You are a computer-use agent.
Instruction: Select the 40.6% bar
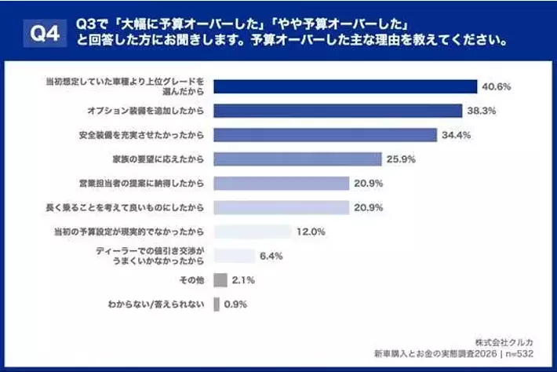(345, 86)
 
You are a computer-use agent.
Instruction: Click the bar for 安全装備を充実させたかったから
(325, 135)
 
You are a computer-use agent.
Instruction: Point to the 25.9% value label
(400, 159)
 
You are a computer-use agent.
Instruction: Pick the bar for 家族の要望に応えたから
(297, 159)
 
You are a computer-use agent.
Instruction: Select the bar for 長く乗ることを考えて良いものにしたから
(281, 208)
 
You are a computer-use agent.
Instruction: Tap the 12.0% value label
(309, 232)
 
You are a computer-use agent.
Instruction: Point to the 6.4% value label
(272, 256)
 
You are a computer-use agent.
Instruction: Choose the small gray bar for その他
(220, 280)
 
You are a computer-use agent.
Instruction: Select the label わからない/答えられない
(156, 304)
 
